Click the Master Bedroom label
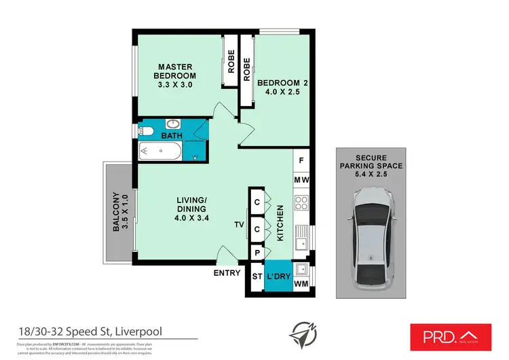pos(177,76)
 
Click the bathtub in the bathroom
pos(160,151)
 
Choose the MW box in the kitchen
pos(301,180)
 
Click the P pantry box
pos(258,253)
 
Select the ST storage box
pos(257,277)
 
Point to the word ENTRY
pos(227,273)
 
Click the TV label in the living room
pos(239,225)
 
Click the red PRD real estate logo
pos(451,334)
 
